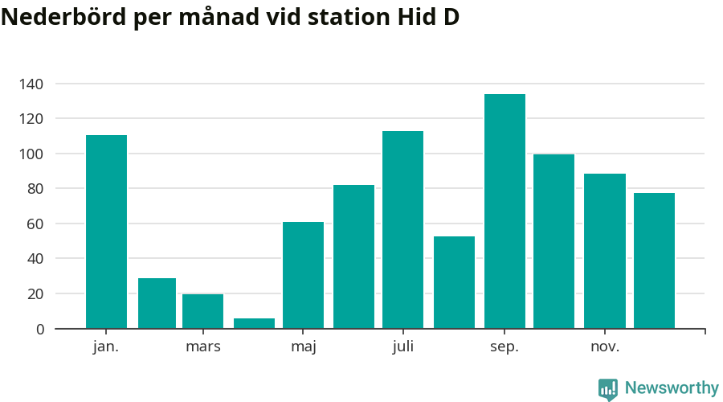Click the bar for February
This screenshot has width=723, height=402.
coord(157,303)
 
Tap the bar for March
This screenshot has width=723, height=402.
coord(202,311)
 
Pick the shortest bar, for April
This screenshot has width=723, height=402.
coord(254,323)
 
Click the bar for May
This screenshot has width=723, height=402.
coord(303,275)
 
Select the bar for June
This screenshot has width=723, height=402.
coord(353,256)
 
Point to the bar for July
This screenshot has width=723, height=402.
coord(402,229)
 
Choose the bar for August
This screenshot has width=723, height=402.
coord(454,282)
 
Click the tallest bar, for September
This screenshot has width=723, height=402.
coord(504,211)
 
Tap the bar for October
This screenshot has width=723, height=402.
coord(553,241)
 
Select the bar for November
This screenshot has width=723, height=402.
coord(604,251)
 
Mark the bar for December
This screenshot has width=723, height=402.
coord(654,260)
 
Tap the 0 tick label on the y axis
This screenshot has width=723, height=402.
coord(40,329)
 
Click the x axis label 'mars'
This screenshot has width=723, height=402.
coord(202,347)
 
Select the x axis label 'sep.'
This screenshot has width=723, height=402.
coord(504,347)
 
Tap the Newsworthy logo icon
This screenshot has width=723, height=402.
coord(608,389)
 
